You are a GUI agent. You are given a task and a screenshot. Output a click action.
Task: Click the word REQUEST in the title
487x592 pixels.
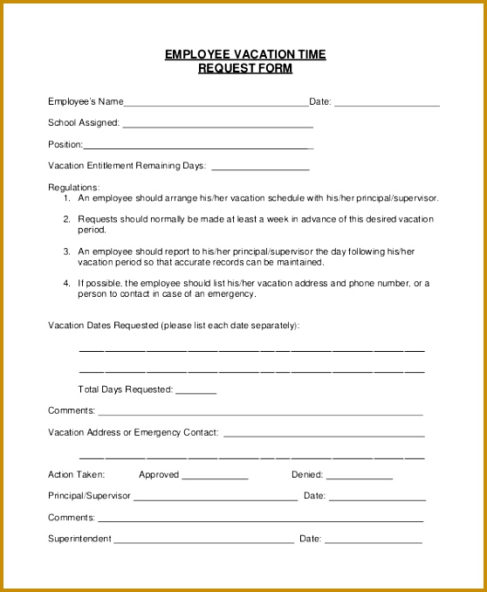pyautogui.click(x=222, y=69)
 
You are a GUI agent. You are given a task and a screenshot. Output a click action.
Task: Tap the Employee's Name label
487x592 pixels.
pyautogui.click(x=86, y=101)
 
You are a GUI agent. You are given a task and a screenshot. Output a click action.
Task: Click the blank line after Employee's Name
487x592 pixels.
pyautogui.click(x=216, y=105)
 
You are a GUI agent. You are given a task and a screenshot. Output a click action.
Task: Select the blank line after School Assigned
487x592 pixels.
pyautogui.click(x=217, y=127)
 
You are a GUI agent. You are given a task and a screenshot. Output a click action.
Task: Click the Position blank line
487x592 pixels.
pyautogui.click(x=197, y=148)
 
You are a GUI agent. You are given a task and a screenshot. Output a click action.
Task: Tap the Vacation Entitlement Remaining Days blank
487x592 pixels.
pyautogui.click(x=260, y=169)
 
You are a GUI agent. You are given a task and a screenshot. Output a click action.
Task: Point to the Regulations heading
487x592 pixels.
pyautogui.click(x=73, y=188)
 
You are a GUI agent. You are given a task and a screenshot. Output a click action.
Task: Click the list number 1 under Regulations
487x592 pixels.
pyautogui.click(x=67, y=198)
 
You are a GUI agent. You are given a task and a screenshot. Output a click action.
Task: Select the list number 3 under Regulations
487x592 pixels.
pyautogui.click(x=67, y=251)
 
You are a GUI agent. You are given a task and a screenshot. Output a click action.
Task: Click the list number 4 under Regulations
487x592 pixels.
pyautogui.click(x=67, y=284)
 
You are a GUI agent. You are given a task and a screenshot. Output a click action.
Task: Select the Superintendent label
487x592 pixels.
pyautogui.click(x=79, y=539)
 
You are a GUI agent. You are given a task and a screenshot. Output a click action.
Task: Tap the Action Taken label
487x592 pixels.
pyautogui.click(x=76, y=475)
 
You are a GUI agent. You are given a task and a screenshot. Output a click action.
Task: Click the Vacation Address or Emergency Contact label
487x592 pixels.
pyautogui.click(x=134, y=432)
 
